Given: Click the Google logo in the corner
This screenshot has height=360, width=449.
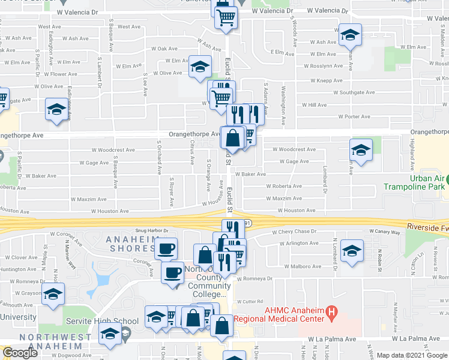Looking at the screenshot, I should coord(20,353).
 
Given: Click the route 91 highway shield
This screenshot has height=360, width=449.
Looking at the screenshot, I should coord(247,223).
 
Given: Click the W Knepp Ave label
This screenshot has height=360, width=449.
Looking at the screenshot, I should coord(326,80).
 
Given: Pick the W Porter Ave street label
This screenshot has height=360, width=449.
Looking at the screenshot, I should coord(354,116).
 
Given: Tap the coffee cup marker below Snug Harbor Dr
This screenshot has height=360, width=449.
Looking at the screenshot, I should coord(166,248).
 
